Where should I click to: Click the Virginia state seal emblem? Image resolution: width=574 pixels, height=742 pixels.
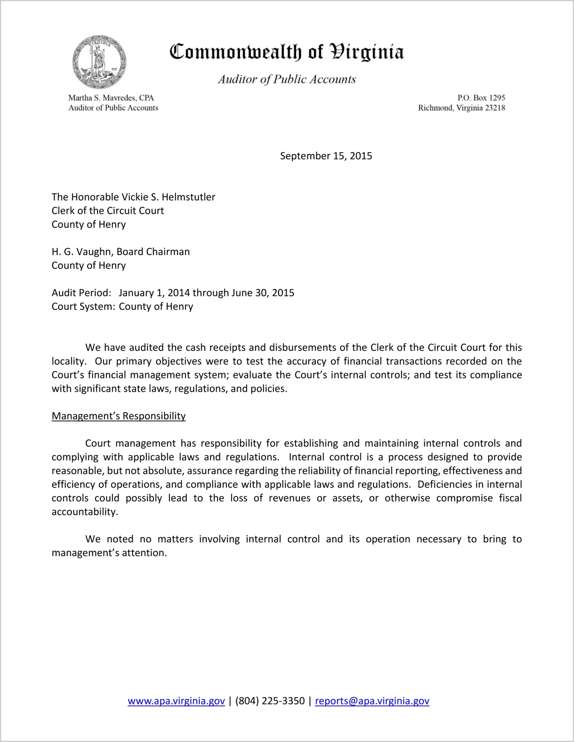99,61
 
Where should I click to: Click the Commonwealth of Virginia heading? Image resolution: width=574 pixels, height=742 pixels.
287,52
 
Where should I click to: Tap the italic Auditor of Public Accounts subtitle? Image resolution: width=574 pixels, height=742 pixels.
287,79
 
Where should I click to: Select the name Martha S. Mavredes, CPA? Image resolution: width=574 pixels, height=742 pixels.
111,98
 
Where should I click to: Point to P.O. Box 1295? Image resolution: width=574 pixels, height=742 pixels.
481,98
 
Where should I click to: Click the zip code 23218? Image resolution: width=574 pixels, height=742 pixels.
495,108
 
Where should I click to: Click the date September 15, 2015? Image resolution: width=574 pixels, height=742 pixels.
326,156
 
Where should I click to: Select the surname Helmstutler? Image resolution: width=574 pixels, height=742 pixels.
188,197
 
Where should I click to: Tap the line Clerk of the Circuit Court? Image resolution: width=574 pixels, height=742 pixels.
108,211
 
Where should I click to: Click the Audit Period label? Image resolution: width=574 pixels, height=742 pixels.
81,293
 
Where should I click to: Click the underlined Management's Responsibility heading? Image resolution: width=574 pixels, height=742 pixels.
118,416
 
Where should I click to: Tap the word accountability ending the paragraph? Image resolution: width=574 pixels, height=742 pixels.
85,512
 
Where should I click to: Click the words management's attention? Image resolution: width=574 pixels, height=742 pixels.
109,553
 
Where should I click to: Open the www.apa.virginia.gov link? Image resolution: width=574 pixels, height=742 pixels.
176,701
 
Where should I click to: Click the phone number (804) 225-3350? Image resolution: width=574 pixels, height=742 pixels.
270,701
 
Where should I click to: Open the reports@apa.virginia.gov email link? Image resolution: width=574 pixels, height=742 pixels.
372,701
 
